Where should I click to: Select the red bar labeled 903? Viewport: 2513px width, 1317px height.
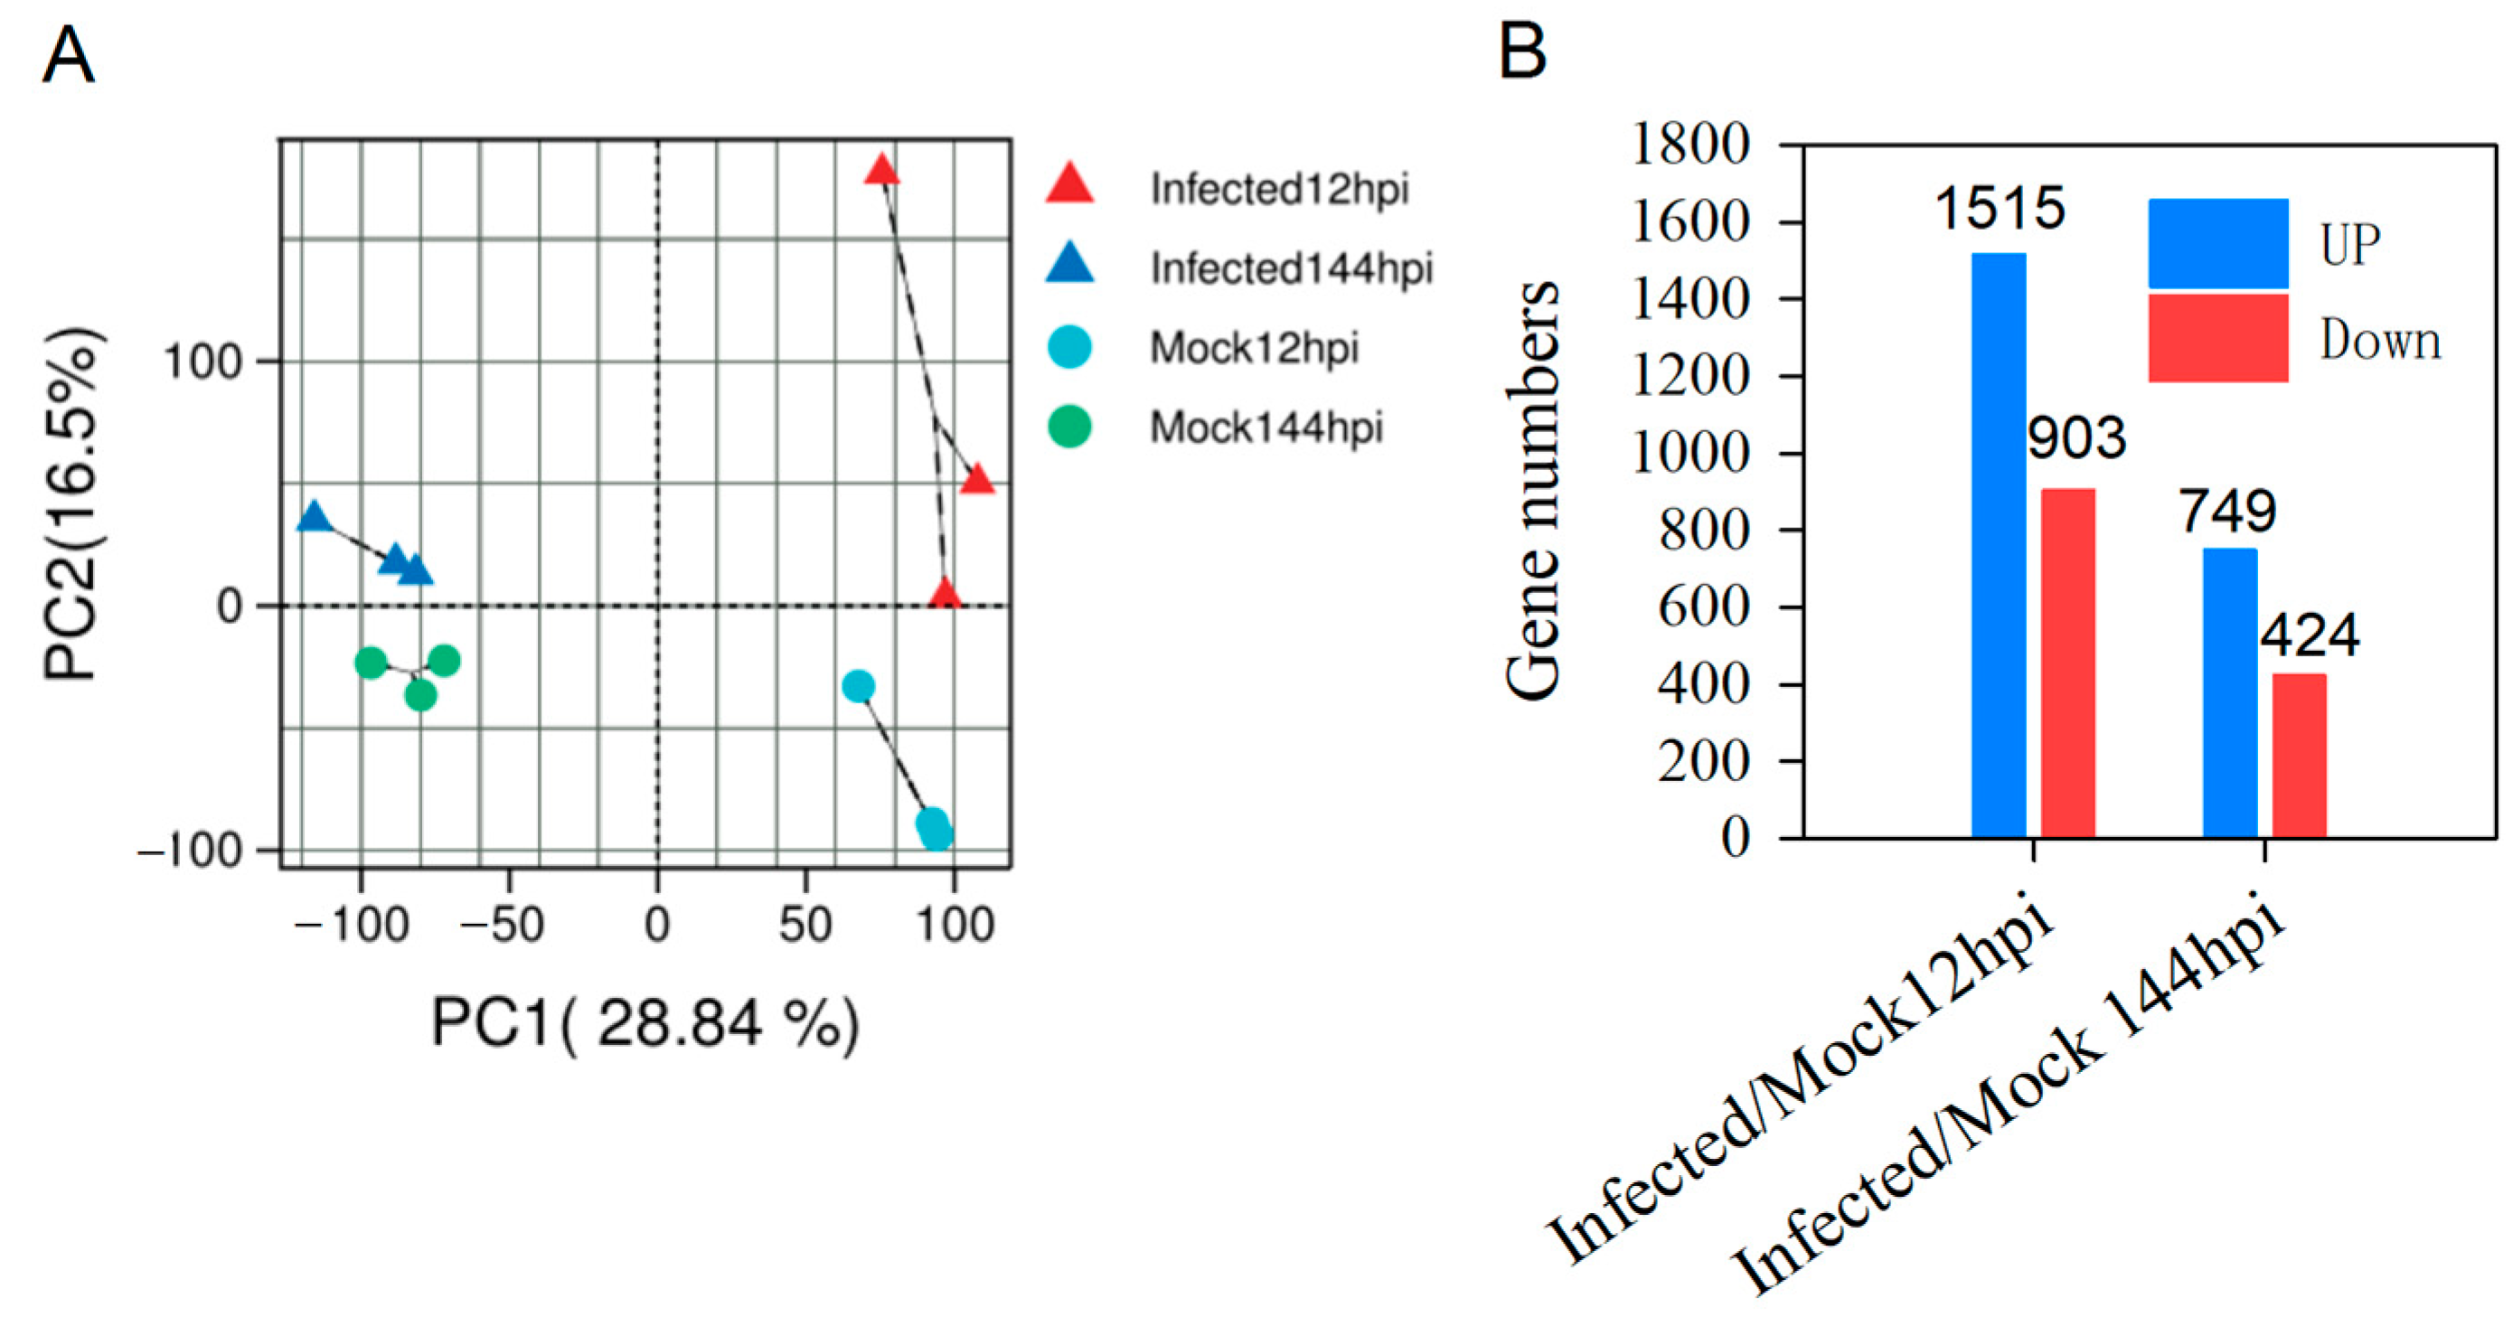[x=2067, y=663]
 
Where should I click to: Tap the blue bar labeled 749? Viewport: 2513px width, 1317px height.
[x=2229, y=692]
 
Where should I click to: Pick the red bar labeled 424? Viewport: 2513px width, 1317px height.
[x=2299, y=755]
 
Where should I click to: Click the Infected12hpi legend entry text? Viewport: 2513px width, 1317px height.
[x=1279, y=189]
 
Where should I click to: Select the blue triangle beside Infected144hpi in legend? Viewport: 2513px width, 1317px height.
[x=1069, y=264]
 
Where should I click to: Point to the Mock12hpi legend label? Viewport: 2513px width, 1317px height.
[x=1254, y=348]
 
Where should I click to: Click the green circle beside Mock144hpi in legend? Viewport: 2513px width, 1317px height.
[x=1069, y=428]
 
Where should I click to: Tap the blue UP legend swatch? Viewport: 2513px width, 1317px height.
[x=2217, y=244]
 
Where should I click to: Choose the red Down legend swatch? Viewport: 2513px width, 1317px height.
[x=2217, y=337]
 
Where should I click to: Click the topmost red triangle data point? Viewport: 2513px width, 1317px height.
[x=882, y=172]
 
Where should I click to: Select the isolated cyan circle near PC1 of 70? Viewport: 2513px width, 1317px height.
[x=858, y=687]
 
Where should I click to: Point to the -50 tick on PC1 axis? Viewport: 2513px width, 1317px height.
[x=502, y=923]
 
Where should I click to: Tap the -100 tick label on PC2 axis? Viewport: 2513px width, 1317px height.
[x=190, y=851]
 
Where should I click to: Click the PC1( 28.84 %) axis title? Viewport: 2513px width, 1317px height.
[x=645, y=1023]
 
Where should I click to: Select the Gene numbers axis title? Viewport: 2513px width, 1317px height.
[x=1531, y=490]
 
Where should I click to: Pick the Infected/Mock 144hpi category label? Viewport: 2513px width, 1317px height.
[x=2009, y=1097]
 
